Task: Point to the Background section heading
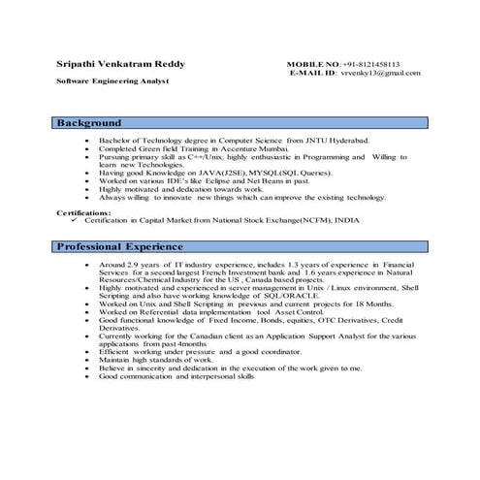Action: pos(88,123)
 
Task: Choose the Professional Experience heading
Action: pos(118,247)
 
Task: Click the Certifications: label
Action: pos(83,210)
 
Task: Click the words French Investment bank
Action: pos(241,272)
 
